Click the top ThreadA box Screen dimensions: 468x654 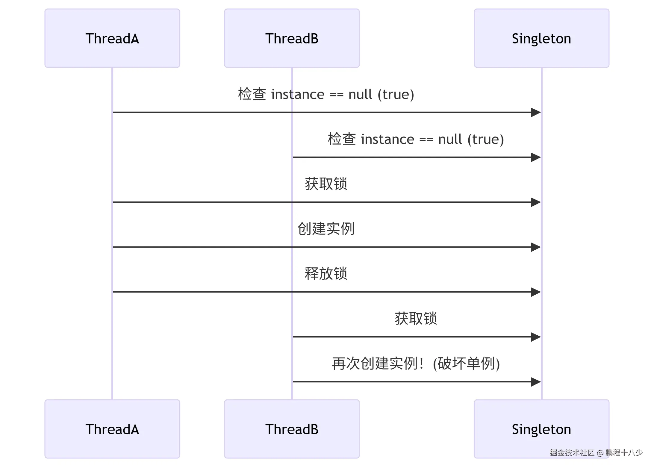pyautogui.click(x=112, y=38)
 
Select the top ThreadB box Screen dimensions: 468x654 pyautogui.click(x=292, y=38)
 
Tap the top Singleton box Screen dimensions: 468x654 pyautogui.click(x=541, y=38)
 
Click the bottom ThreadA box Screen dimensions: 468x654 pyautogui.click(x=112, y=429)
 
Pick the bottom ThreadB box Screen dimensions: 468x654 pyautogui.click(x=292, y=429)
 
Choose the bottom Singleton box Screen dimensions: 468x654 pyautogui.click(x=541, y=429)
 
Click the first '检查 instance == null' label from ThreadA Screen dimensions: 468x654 pyautogui.click(x=326, y=94)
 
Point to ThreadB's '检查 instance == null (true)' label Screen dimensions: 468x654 pyautogui.click(x=416, y=139)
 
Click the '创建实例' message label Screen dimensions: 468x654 pyautogui.click(x=326, y=229)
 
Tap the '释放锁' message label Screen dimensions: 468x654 pyautogui.click(x=326, y=274)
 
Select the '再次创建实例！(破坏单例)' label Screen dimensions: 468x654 pyautogui.click(x=416, y=364)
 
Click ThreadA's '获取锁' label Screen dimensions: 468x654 pyautogui.click(x=326, y=184)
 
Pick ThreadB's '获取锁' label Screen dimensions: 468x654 pyautogui.click(x=416, y=319)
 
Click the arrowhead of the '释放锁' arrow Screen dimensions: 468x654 pyautogui.click(x=536, y=292)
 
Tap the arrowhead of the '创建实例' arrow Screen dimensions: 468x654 pyautogui.click(x=536, y=247)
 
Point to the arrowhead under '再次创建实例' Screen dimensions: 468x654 pyautogui.click(x=536, y=382)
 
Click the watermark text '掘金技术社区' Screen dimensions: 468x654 pyautogui.click(x=572, y=452)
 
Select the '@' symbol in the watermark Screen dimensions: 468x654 pyautogui.click(x=600, y=453)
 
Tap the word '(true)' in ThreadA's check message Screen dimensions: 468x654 pyautogui.click(x=396, y=94)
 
